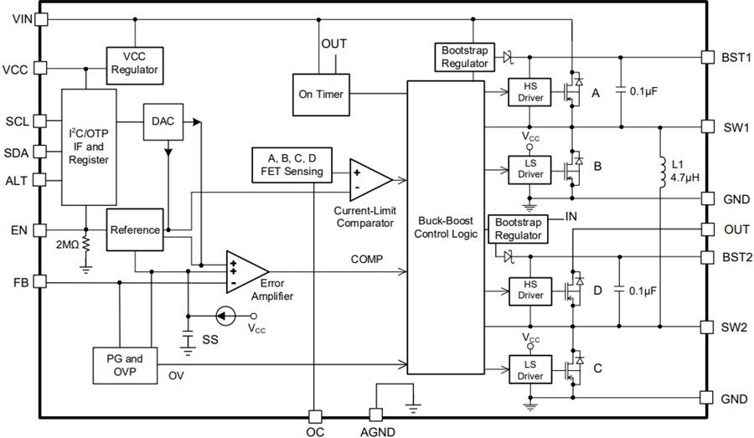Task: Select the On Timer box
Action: click(320, 94)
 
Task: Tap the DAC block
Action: click(163, 121)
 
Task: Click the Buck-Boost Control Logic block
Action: click(445, 227)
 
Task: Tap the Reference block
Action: click(134, 229)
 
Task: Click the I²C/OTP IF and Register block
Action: click(88, 146)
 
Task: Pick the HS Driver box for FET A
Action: click(530, 93)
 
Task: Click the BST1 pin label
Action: click(735, 57)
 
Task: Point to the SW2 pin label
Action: click(735, 326)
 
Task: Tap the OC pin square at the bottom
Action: click(313, 416)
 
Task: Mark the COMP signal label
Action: click(367, 260)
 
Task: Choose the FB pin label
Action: click(20, 283)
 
